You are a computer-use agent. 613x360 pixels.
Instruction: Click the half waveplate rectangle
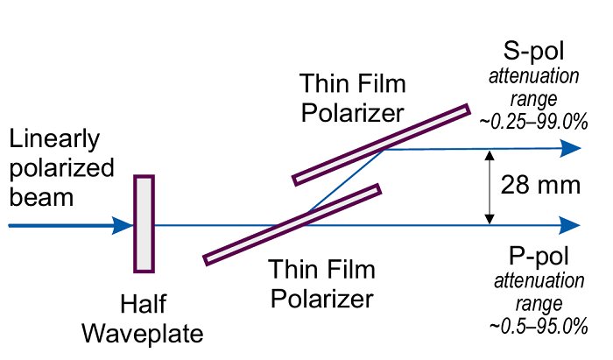tap(144, 222)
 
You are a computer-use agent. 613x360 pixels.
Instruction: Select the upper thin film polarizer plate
tap(381, 145)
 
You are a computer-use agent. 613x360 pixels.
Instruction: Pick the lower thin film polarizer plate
tap(292, 222)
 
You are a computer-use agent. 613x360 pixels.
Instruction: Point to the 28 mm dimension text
tap(540, 185)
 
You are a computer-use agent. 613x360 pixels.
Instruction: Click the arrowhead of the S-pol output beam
tap(572, 148)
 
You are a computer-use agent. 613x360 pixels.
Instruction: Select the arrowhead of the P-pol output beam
tap(572, 225)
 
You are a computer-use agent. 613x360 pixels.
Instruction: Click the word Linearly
tap(54, 139)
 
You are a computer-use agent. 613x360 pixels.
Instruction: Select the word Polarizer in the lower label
tap(321, 298)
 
